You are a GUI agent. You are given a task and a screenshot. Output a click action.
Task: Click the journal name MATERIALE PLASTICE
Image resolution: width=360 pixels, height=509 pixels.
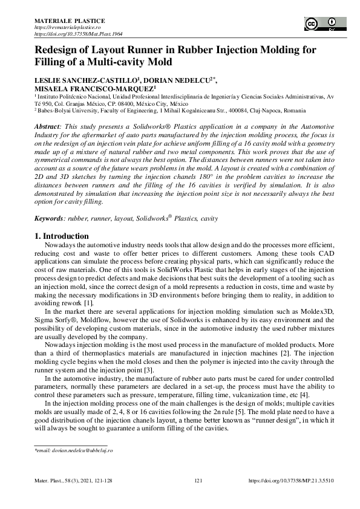61,21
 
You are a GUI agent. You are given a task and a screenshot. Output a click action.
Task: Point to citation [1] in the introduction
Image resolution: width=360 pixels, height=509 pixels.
88,303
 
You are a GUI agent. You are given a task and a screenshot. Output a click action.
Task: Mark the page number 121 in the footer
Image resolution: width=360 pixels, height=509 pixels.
198,481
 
